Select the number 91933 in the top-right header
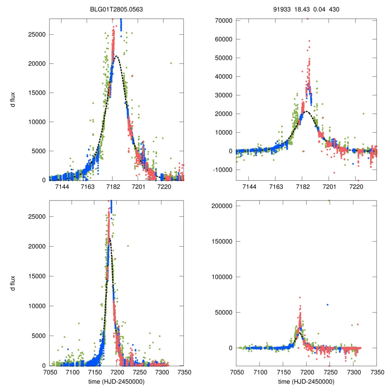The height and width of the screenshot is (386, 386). (x=282, y=9)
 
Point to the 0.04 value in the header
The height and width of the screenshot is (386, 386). (x=319, y=9)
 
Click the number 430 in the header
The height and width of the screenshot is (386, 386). (x=334, y=9)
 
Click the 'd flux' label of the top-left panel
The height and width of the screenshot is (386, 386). (x=13, y=99)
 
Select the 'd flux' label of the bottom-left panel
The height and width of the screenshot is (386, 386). (x=13, y=283)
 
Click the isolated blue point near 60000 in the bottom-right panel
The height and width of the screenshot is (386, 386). (x=328, y=305)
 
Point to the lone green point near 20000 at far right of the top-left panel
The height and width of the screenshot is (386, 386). (x=171, y=63)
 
